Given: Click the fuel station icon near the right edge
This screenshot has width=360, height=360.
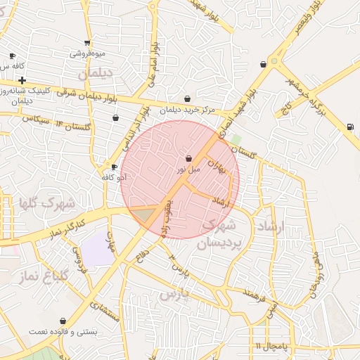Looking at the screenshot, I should (349, 127).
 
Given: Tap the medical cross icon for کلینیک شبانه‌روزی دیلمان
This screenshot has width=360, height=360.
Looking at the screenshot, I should (22, 80).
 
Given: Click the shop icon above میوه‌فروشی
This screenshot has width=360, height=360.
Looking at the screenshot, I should (87, 43).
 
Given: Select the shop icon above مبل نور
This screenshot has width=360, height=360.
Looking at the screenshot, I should (188, 159).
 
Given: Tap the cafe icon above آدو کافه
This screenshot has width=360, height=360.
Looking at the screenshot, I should (114, 167).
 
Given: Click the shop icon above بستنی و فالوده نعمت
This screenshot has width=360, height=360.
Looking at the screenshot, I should (63, 321).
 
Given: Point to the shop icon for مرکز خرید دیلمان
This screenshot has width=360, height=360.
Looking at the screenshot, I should (187, 99).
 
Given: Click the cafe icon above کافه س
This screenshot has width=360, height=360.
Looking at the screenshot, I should (12, 56).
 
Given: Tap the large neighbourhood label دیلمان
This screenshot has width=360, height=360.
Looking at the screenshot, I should (95, 72).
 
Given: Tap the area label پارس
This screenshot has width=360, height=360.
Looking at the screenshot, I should (176, 294).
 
